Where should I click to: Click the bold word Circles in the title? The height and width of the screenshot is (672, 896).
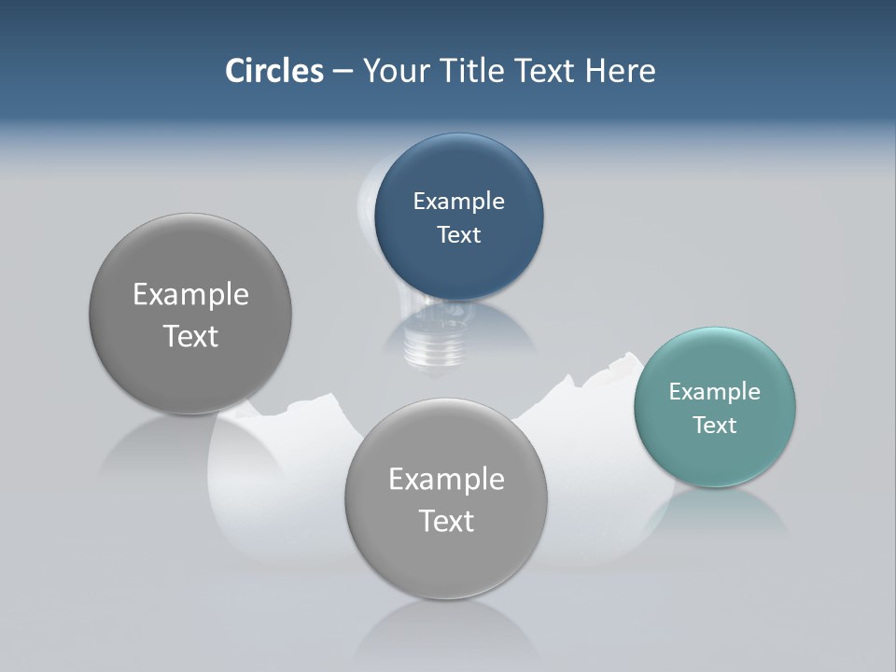click(274, 71)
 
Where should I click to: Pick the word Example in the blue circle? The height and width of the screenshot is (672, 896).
click(458, 201)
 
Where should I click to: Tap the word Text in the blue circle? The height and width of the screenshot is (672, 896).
click(458, 234)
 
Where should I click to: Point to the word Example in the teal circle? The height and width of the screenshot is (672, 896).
click(714, 391)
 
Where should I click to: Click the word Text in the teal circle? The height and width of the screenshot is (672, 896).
click(715, 425)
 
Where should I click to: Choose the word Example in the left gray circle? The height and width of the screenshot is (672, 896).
click(190, 294)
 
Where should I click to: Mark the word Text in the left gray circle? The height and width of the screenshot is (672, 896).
click(190, 336)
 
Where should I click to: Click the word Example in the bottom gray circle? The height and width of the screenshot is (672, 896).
click(446, 479)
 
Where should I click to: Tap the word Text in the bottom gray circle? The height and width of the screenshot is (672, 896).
click(446, 521)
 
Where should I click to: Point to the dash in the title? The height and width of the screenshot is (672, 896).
click(343, 72)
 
